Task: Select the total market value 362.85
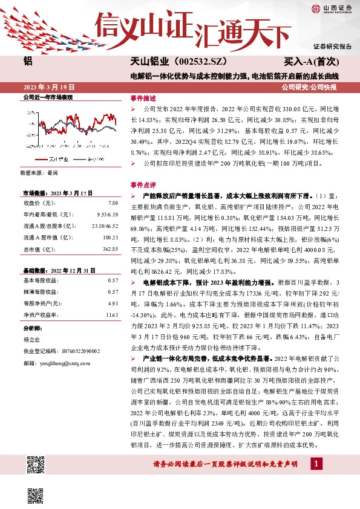click(110, 249)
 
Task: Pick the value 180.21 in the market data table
click(110, 238)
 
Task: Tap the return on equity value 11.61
click(111, 315)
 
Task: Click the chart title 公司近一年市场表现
click(47, 97)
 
